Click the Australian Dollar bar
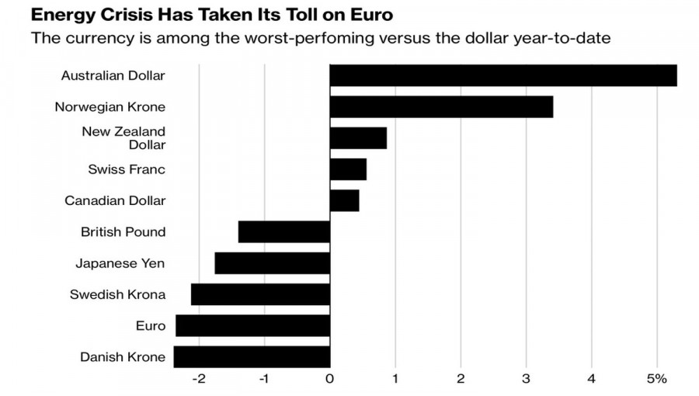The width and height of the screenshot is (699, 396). (503, 75)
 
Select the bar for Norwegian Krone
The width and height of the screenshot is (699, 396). (441, 106)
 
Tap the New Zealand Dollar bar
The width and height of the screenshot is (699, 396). (358, 137)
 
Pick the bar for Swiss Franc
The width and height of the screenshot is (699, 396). (348, 169)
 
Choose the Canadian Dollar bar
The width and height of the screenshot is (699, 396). (344, 200)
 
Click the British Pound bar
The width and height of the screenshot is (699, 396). (284, 231)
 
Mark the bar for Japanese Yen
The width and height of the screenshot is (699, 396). (273, 263)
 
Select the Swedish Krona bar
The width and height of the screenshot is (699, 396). (261, 294)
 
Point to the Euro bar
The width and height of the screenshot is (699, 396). (253, 325)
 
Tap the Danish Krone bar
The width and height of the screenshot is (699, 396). (252, 356)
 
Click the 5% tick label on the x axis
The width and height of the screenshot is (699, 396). (657, 379)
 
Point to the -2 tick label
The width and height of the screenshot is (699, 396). (198, 379)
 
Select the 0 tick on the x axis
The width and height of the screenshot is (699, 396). (330, 379)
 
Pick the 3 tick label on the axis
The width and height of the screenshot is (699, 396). (527, 379)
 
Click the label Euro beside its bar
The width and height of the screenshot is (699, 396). (151, 325)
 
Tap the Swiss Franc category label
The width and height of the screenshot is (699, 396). (127, 169)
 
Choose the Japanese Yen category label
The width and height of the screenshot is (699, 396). (120, 263)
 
